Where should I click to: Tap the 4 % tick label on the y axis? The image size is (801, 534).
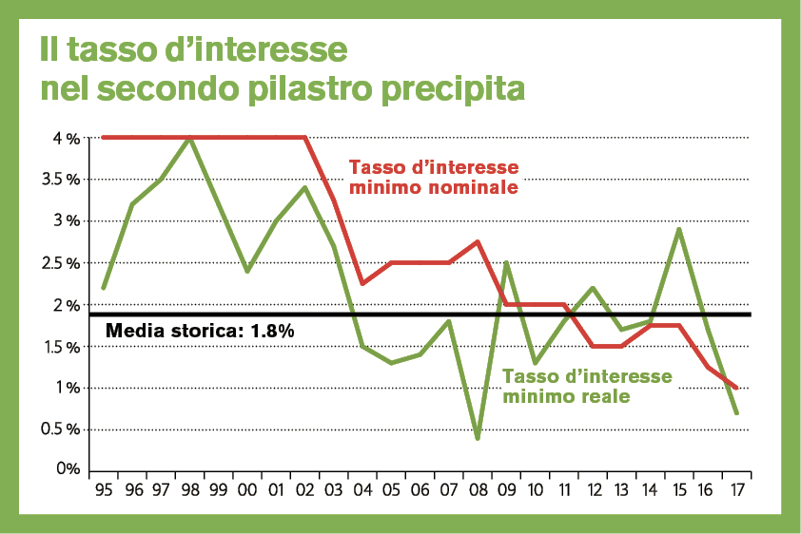click(66, 138)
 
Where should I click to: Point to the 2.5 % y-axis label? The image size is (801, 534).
click(59, 262)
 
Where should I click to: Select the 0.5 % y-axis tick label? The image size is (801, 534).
click(59, 429)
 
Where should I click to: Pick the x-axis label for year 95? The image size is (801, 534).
click(103, 490)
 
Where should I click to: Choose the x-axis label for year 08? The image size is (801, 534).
click(477, 490)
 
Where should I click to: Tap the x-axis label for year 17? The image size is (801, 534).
click(735, 490)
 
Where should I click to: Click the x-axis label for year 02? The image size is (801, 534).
click(304, 490)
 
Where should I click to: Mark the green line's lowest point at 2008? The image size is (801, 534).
click(477, 438)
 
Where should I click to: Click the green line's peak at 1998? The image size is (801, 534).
click(189, 138)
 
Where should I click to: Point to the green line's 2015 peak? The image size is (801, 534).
click(678, 229)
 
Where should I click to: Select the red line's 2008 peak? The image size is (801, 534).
click(477, 241)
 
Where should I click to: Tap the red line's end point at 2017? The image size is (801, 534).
click(736, 388)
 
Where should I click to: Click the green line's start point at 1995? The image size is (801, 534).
click(103, 287)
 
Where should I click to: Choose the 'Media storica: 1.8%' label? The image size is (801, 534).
click(199, 332)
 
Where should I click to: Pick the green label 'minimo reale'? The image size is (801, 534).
click(566, 396)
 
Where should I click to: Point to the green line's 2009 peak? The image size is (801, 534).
click(505, 262)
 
